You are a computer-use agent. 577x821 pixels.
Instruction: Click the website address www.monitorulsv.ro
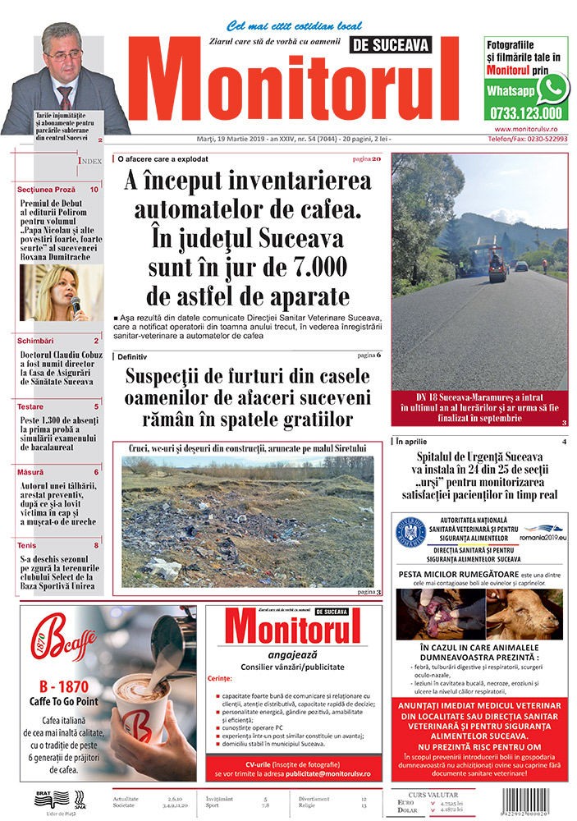tap(530, 129)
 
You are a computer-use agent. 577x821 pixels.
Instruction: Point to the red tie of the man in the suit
tap(66, 97)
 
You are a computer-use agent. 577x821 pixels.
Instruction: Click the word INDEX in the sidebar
tap(89, 161)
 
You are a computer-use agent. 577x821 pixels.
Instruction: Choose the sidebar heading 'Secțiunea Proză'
tap(46, 190)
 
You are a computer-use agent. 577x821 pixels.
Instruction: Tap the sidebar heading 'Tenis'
tap(28, 544)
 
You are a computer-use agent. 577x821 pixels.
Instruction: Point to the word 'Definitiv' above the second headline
tap(132, 357)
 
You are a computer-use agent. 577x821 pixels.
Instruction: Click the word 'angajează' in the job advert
tap(291, 654)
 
